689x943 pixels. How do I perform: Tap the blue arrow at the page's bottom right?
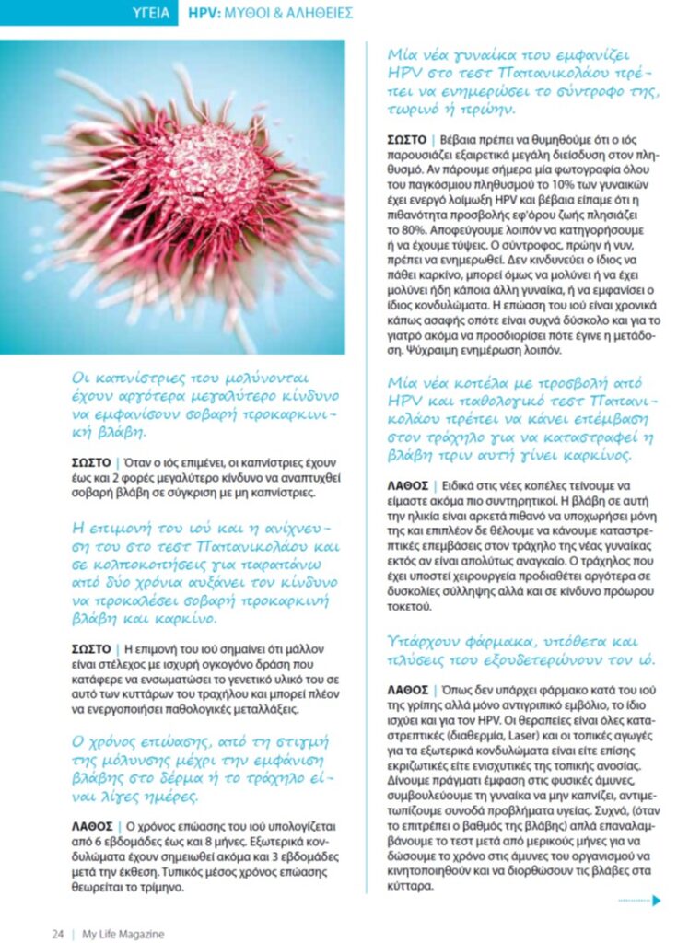pos(655,901)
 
